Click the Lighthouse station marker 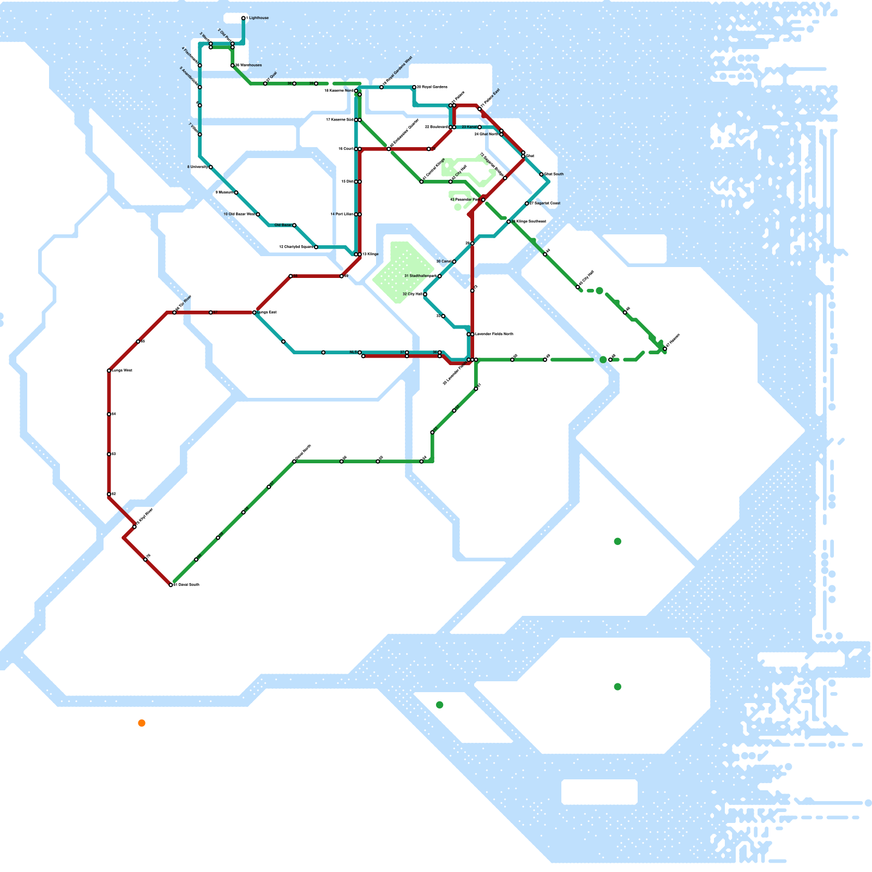click(243, 18)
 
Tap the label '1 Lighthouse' click(258, 18)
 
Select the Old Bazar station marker click(294, 225)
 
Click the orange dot click(142, 723)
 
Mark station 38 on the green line click(294, 83)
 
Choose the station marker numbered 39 click(316, 83)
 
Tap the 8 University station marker click(210, 167)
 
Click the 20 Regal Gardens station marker click(414, 87)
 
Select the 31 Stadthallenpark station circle click(440, 276)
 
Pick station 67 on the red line click(211, 312)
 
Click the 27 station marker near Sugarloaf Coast click(527, 203)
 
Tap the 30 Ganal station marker click(454, 262)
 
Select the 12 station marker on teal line click(316, 247)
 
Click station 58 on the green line click(342, 462)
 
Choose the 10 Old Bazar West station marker click(258, 214)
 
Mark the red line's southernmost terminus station click(171, 585)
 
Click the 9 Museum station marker click(236, 192)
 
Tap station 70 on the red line click(146, 560)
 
